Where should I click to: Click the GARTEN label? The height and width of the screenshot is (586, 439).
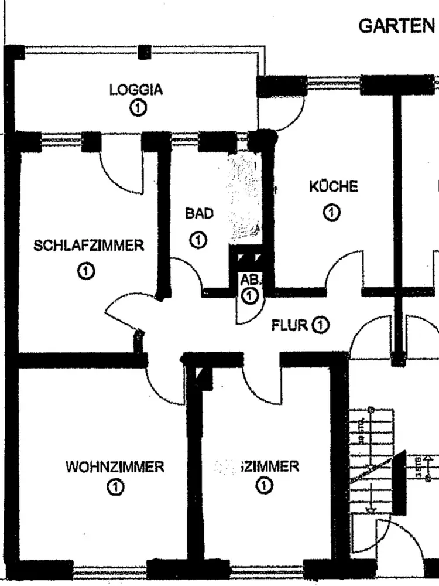[x=397, y=26]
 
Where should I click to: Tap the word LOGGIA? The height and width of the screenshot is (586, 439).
[x=136, y=90]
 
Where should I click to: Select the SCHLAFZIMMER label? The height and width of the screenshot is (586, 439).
[x=88, y=245]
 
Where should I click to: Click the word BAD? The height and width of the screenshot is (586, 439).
[x=199, y=213]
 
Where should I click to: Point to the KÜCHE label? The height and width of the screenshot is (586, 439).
[x=333, y=187]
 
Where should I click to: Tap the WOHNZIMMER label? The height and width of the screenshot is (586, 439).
[x=115, y=467]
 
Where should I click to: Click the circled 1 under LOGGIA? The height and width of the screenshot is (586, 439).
[x=138, y=108]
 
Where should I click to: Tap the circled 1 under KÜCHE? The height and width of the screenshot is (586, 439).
[x=332, y=212]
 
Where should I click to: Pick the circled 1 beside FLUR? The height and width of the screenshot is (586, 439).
[x=320, y=325]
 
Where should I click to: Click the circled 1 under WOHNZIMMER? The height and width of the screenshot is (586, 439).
[x=115, y=486]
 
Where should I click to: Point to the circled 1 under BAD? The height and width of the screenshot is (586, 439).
[x=198, y=240]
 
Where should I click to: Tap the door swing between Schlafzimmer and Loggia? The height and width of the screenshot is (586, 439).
[x=120, y=173]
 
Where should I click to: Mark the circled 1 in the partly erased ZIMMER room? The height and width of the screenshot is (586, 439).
[x=264, y=485]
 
